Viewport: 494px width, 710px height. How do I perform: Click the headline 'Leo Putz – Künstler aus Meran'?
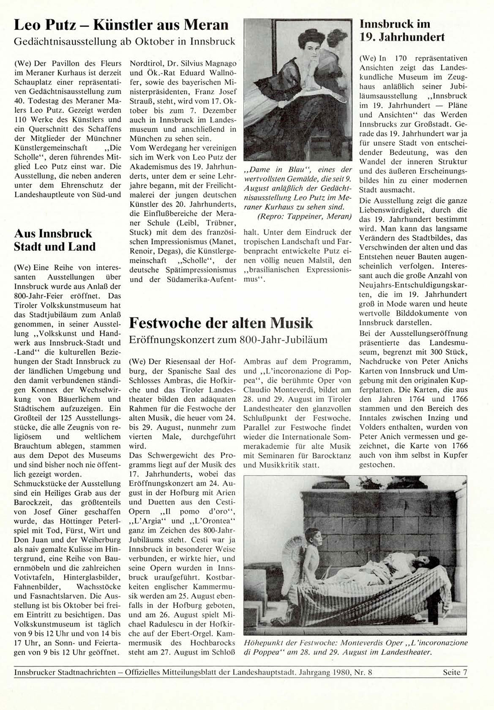coord(121,25)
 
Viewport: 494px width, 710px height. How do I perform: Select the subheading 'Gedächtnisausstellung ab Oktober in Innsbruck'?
coord(124,41)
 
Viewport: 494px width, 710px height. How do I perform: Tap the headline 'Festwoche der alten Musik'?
coord(221,323)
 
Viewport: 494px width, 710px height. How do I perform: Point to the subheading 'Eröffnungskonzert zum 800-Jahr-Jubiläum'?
coord(228,340)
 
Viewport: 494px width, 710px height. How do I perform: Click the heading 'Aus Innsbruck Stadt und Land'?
coord(55,240)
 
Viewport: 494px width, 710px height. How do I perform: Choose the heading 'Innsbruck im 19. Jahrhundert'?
coord(401,30)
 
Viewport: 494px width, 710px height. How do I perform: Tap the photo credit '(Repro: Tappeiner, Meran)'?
coord(304,216)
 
